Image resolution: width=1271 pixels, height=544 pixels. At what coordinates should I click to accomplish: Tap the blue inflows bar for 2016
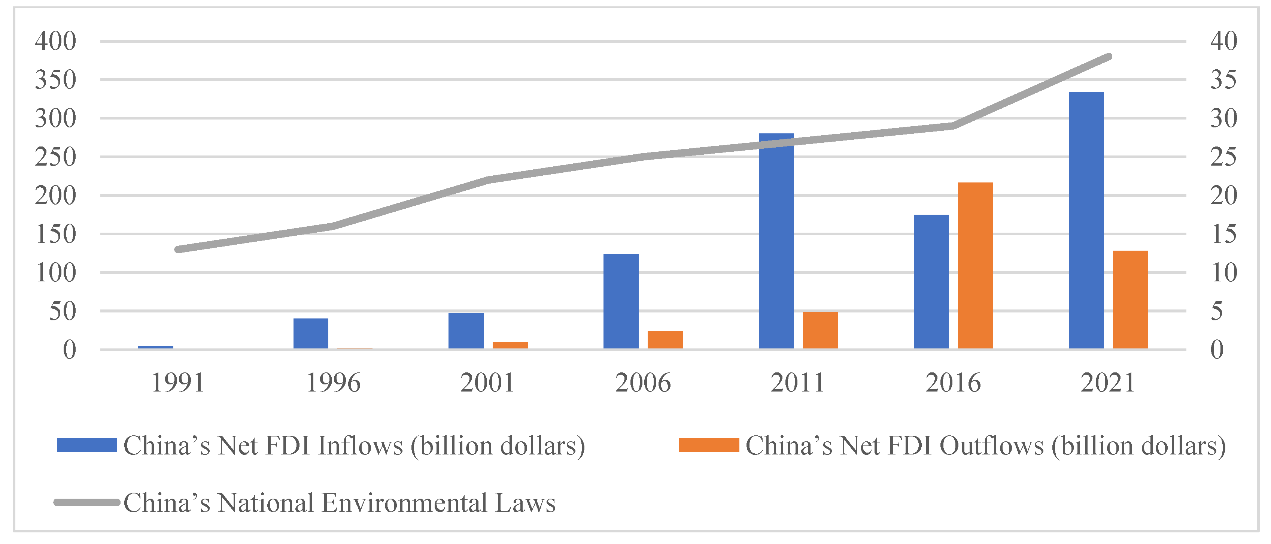931,281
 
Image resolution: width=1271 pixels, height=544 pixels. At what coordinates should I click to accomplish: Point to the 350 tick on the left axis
55,79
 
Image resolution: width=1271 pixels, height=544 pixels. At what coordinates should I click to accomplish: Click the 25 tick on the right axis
1223,157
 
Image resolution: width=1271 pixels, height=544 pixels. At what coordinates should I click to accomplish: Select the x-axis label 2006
643,383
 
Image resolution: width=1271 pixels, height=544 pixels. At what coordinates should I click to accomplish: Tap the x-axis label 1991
177,383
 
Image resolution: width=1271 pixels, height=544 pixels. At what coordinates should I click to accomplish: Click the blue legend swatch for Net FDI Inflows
87,445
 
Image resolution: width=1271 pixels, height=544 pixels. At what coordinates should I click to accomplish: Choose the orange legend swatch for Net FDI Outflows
709,445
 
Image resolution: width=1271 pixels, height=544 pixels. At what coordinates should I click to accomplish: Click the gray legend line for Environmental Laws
87,502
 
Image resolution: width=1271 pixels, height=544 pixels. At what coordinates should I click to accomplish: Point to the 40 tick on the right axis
1223,41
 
